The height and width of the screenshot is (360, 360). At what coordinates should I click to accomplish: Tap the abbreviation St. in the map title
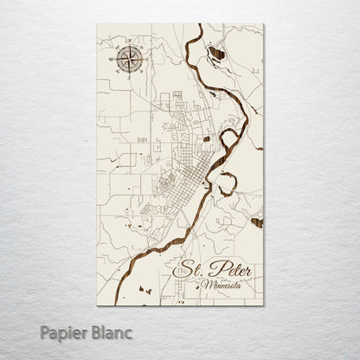pos(190,270)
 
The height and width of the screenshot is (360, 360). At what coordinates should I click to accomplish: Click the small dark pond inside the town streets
pos(206,138)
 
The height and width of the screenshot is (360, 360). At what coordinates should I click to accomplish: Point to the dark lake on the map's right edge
pos(257,222)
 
